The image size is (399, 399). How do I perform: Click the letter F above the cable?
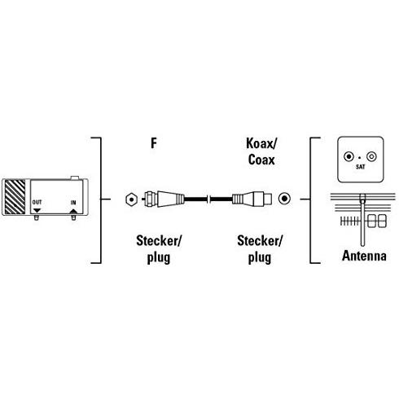(x=154, y=143)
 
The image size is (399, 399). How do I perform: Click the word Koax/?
(x=261, y=143)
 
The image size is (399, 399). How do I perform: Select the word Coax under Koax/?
(x=261, y=160)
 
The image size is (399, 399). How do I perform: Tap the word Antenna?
(x=364, y=256)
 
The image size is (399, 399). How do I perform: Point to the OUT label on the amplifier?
(x=37, y=202)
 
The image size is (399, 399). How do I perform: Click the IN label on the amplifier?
(x=73, y=203)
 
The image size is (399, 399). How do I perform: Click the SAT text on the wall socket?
(x=361, y=167)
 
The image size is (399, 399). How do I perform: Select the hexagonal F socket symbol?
(x=132, y=199)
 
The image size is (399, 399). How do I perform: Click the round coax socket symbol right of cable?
(x=284, y=199)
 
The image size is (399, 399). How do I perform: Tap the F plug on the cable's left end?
(x=163, y=199)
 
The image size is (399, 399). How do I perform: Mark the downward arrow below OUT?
(x=37, y=211)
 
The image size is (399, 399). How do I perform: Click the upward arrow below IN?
(x=73, y=211)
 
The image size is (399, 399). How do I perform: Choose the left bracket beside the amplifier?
(x=101, y=200)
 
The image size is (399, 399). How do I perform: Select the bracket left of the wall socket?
(x=310, y=200)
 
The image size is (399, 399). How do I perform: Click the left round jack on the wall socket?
(x=349, y=156)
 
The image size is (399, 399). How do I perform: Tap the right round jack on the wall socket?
(x=371, y=156)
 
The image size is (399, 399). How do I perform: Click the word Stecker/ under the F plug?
(x=159, y=241)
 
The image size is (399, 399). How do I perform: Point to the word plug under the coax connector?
(x=260, y=257)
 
